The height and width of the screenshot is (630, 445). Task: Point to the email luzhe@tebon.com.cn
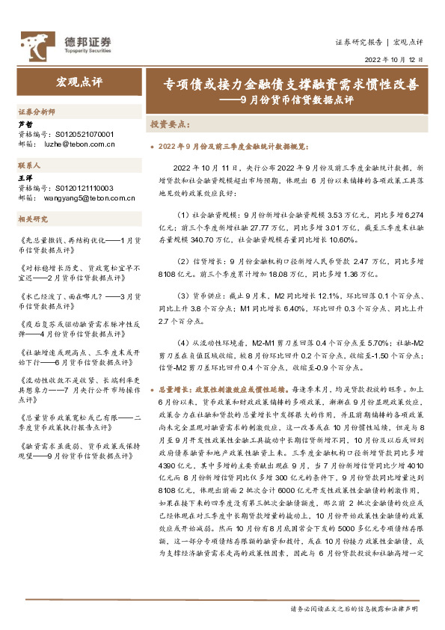click(x=76, y=144)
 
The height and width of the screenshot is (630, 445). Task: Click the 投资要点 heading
click(x=171, y=123)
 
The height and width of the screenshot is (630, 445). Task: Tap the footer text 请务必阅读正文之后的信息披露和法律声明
click(x=354, y=608)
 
